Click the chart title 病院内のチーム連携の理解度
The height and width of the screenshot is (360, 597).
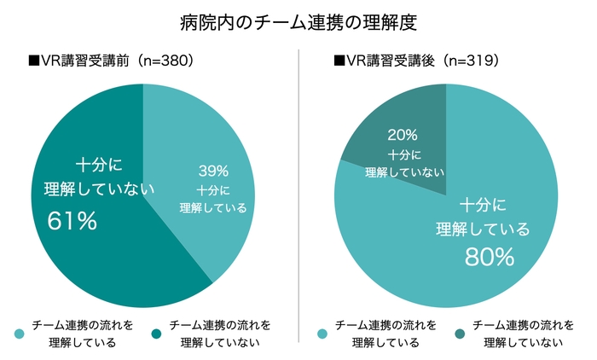[x=298, y=22]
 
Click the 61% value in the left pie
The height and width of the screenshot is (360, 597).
[x=72, y=221]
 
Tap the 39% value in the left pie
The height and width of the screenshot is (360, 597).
[x=213, y=169]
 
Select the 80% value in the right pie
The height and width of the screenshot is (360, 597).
[x=489, y=255]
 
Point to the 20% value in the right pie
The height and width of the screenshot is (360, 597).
[x=403, y=135]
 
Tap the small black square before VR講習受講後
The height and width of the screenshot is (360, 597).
[x=339, y=61]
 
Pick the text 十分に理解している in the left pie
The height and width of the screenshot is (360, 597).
[x=213, y=198]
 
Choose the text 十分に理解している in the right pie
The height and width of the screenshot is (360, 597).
[x=483, y=217]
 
